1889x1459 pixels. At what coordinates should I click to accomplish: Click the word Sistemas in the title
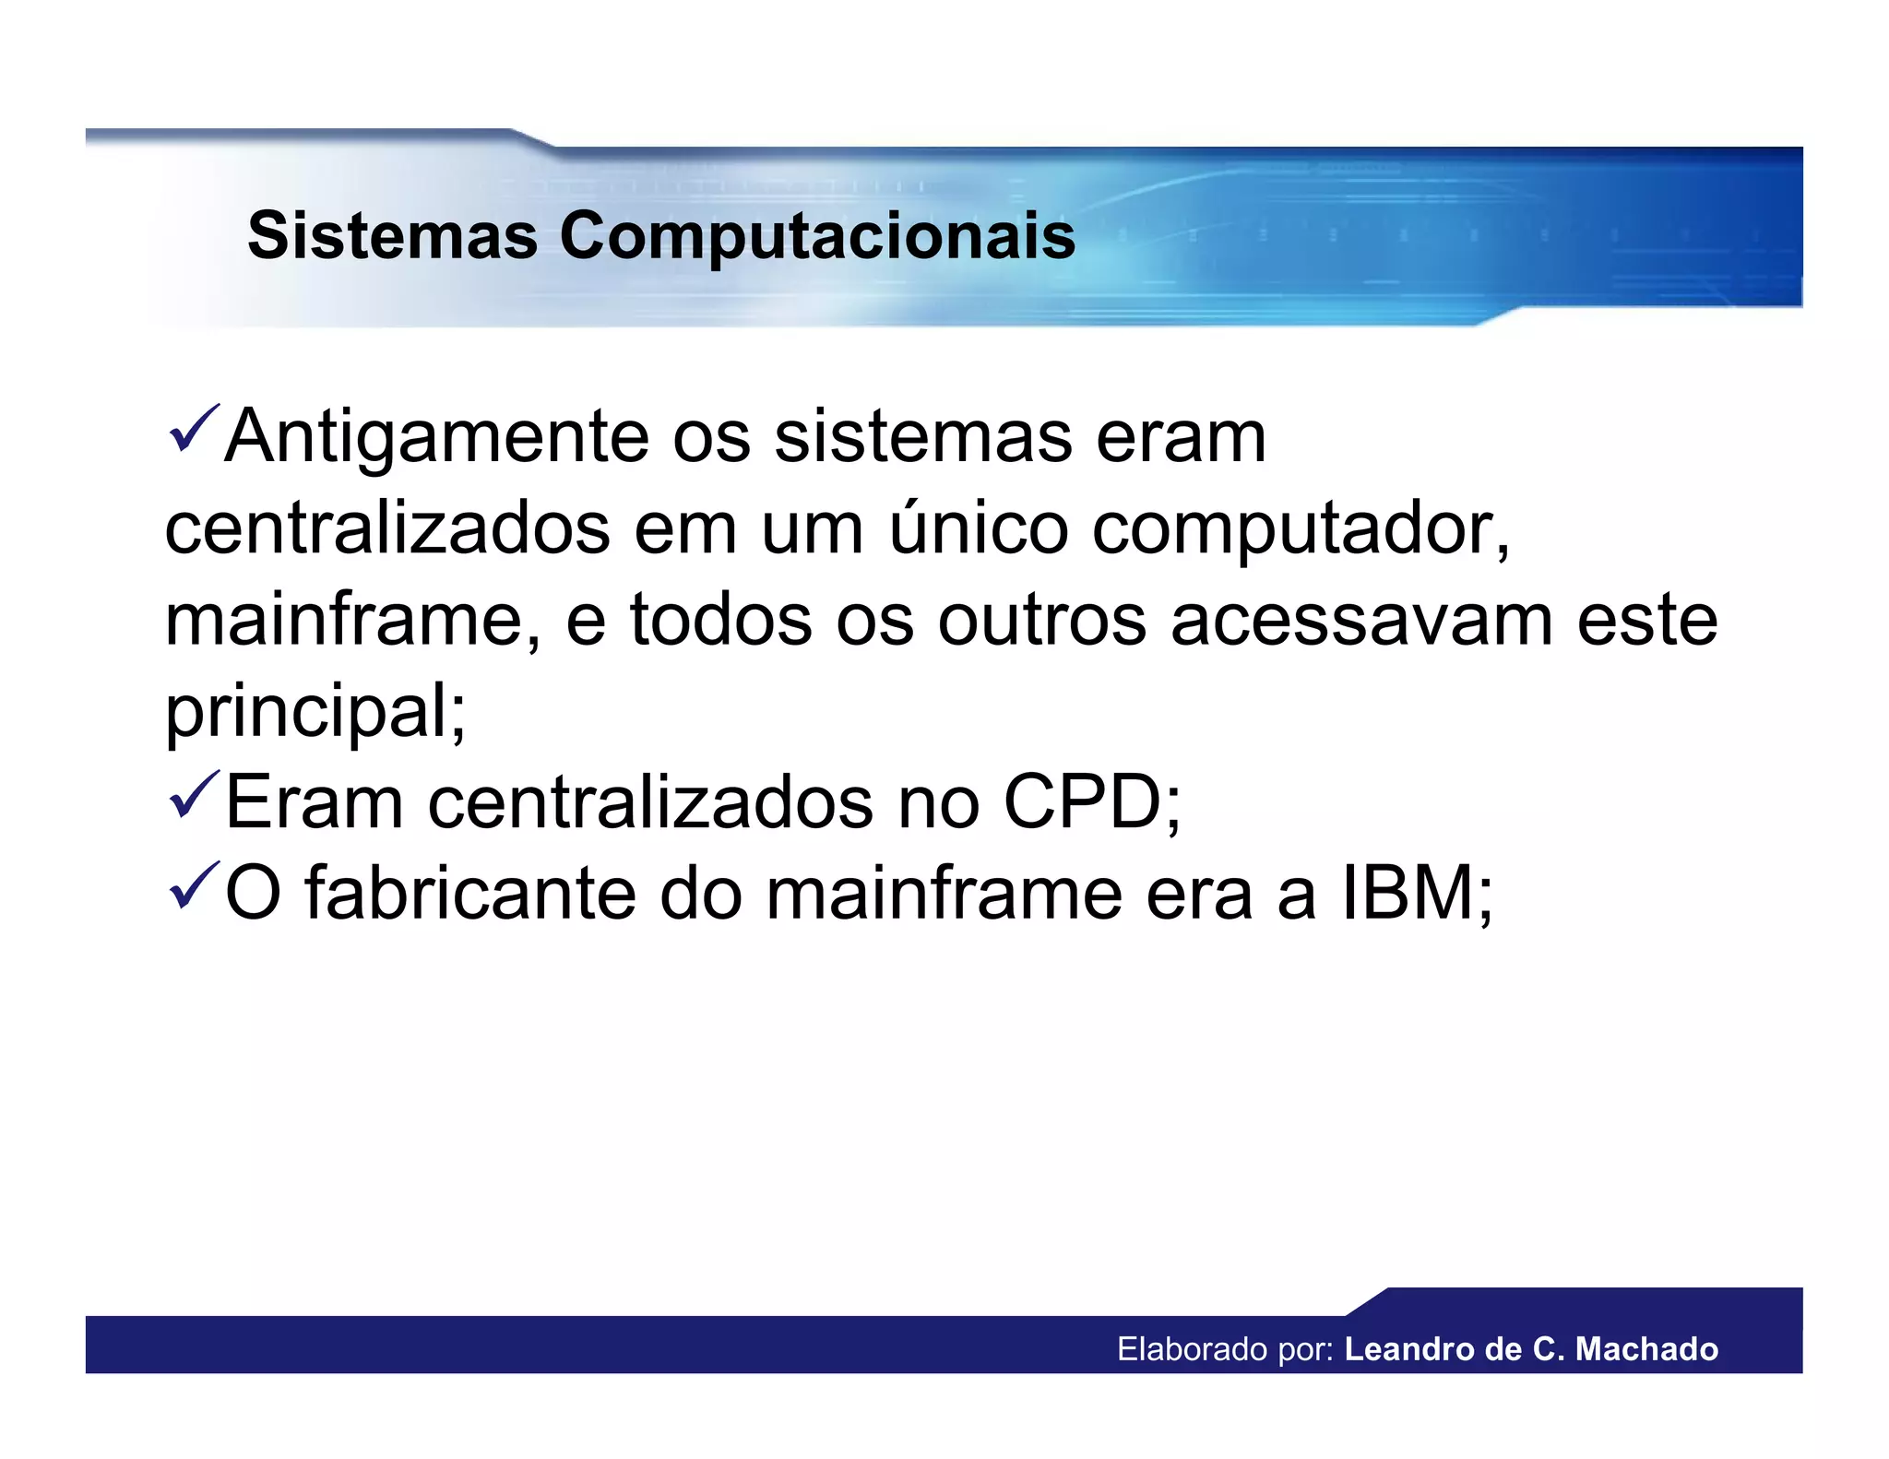coord(392,235)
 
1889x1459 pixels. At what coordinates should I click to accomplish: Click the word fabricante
coord(470,893)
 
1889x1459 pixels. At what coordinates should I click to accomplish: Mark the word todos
coord(720,620)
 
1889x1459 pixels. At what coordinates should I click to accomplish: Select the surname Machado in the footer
coord(1646,1349)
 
